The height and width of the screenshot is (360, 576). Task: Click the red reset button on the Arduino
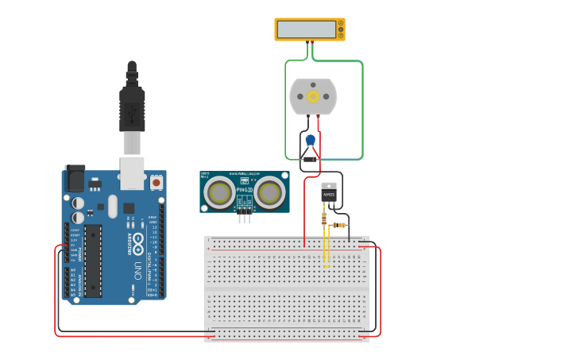156,182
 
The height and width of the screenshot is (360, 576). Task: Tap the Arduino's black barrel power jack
75,179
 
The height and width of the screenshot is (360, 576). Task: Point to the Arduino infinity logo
137,242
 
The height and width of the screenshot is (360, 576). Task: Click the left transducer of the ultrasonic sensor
218,192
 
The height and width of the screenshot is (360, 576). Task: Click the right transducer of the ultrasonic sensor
270,192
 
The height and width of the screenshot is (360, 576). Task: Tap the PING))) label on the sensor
244,191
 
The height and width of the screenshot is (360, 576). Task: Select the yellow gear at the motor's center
313,96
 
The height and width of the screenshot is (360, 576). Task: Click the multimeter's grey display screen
307,29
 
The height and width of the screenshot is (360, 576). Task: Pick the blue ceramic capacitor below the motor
311,141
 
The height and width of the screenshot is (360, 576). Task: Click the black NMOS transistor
328,192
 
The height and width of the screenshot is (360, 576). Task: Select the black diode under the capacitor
311,159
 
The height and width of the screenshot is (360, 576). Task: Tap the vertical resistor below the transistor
323,219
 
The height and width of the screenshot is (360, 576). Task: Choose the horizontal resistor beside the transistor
341,225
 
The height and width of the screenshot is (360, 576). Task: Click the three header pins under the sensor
245,212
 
